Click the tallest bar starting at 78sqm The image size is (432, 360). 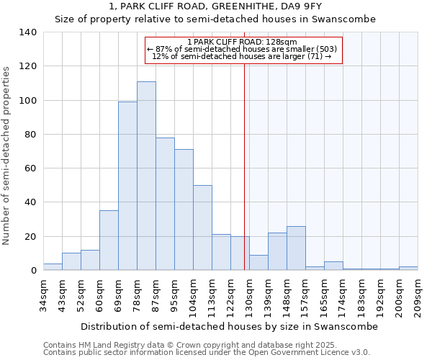(x=146, y=176)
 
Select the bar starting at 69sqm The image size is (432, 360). (x=127, y=186)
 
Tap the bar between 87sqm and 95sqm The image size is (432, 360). (x=165, y=204)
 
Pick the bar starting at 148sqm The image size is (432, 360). (x=296, y=248)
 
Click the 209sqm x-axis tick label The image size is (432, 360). (x=418, y=295)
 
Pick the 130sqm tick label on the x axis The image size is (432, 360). (x=250, y=295)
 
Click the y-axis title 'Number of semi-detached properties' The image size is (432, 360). (x=6, y=155)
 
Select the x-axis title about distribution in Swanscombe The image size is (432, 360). (x=228, y=326)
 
